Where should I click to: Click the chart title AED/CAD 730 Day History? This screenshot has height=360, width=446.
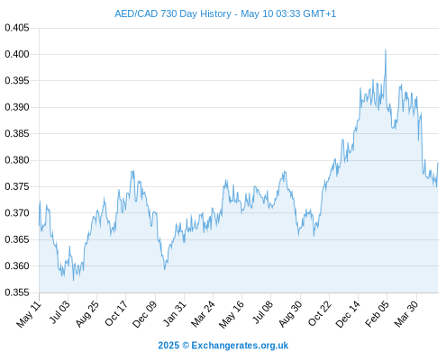[x=173, y=13]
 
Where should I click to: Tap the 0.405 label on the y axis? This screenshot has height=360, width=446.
[x=17, y=28]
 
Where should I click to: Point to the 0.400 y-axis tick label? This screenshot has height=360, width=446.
[x=17, y=54]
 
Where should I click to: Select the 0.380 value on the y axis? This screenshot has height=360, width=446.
[x=17, y=160]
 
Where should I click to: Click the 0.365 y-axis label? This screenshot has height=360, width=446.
[x=17, y=239]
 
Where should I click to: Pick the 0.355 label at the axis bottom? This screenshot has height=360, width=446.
[x=17, y=292]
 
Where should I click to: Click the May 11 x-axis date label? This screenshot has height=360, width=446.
[x=29, y=314]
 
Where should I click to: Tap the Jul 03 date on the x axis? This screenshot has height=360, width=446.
[x=60, y=312]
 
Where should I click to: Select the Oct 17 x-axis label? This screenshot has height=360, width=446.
[x=116, y=313]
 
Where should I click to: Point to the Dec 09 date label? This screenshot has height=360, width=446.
[x=145, y=314]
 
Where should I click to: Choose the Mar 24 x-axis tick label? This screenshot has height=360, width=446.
[x=204, y=314]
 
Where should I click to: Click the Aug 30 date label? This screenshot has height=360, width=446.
[x=290, y=314]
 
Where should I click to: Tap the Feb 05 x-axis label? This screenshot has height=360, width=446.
[x=378, y=314]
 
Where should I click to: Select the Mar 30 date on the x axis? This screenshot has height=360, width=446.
[x=406, y=314]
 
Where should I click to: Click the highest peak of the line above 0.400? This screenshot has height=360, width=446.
[x=386, y=49]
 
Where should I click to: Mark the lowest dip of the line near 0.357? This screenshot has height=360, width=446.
[x=73, y=281]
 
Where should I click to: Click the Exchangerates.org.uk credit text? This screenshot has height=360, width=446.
[x=240, y=346]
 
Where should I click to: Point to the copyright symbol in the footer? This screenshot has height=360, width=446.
[x=186, y=346]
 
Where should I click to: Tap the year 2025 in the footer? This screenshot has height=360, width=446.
[x=168, y=346]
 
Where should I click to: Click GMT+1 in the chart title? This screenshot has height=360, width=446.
[x=320, y=13]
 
